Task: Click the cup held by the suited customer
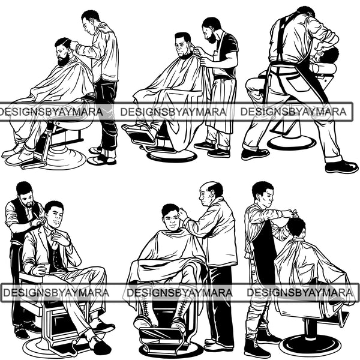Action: [x=46, y=268]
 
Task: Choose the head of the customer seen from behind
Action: [x=296, y=227]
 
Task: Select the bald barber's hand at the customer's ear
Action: [x=183, y=214]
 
